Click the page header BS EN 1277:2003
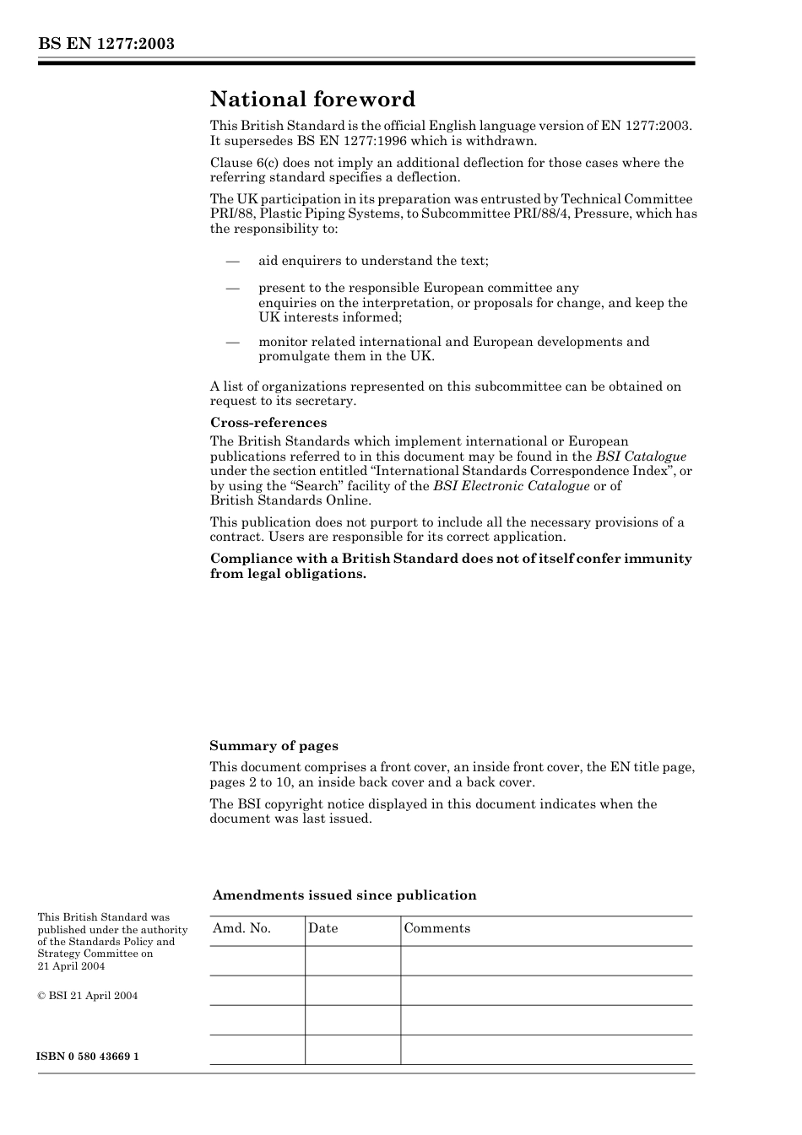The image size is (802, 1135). coord(106,44)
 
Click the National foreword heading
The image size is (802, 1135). coord(312,100)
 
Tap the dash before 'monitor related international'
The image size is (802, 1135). coord(233,342)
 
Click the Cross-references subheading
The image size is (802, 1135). coord(268,423)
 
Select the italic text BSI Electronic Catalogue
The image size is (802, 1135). coord(511,486)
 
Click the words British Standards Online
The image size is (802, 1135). coord(290,500)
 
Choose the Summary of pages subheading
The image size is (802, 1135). coord(274,746)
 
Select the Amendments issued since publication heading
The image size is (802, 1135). coord(344,895)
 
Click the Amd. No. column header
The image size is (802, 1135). coord(241,928)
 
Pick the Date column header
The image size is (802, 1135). coord(322,928)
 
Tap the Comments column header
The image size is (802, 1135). coord(436,928)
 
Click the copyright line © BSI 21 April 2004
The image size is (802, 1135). coord(87,996)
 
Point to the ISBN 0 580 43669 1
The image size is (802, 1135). coord(88,1057)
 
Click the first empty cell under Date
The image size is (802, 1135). coord(352,960)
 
